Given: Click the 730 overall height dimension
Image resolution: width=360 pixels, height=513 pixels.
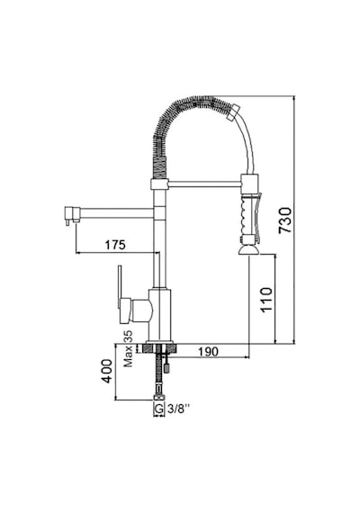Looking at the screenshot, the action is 284,220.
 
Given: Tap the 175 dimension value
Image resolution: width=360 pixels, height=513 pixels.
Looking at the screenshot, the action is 115,245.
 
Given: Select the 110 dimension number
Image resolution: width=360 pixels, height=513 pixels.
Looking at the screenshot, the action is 266,300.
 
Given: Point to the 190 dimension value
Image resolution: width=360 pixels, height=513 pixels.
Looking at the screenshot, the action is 208,351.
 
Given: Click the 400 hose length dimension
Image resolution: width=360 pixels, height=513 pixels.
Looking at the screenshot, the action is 107,372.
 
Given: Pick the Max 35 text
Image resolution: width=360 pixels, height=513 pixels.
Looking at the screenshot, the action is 129,348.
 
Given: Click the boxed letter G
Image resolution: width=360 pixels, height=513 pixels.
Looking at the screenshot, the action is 158,409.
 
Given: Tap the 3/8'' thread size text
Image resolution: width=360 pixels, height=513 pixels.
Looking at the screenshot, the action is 179,409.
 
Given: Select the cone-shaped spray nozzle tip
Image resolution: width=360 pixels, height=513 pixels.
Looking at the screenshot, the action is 249,250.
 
